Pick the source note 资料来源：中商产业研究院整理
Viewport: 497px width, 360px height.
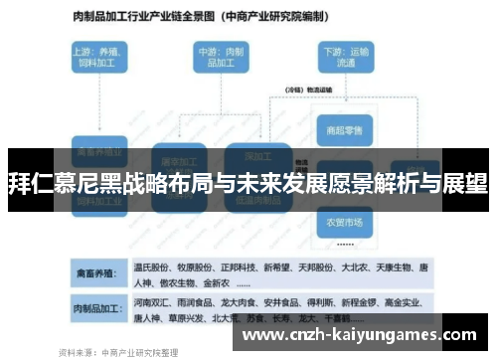coord(119,351)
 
